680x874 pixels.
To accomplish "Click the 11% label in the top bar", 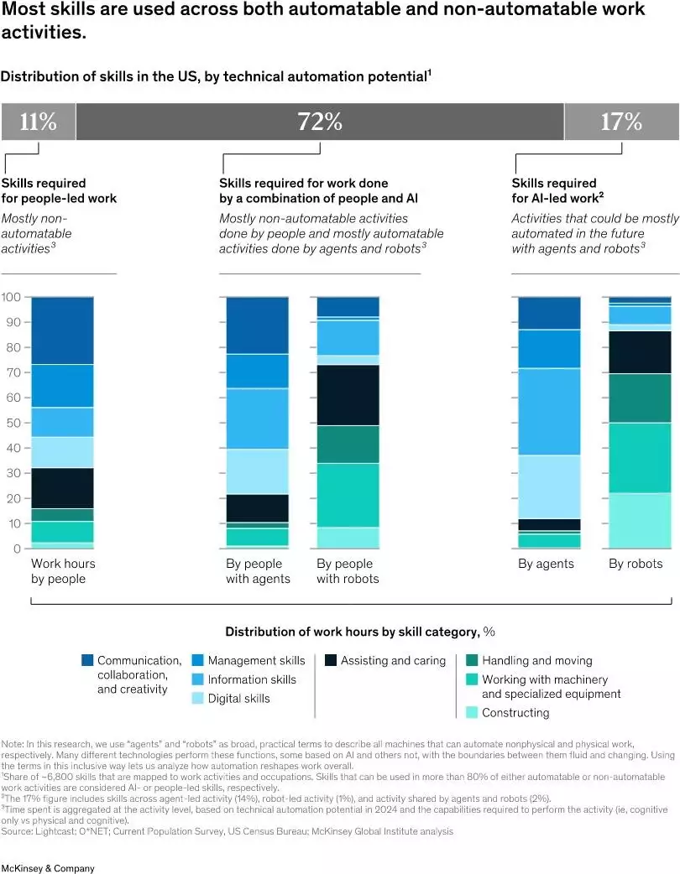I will (x=38, y=122).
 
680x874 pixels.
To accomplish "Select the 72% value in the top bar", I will (x=320, y=122).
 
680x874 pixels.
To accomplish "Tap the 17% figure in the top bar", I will (x=621, y=122).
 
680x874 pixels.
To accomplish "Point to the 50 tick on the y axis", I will (x=11, y=423).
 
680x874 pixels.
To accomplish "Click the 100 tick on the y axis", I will (x=11, y=297).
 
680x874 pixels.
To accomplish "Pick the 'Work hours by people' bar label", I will (x=63, y=570).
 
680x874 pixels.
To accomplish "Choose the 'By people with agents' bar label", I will (x=258, y=570).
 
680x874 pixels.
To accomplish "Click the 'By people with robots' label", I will (x=348, y=570).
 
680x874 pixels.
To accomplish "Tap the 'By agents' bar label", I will (x=546, y=564).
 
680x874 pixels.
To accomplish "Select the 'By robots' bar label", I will (x=636, y=564).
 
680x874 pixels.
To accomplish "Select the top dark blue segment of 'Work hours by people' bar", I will (x=62, y=330).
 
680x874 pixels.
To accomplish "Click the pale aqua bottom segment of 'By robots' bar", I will (x=640, y=520).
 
